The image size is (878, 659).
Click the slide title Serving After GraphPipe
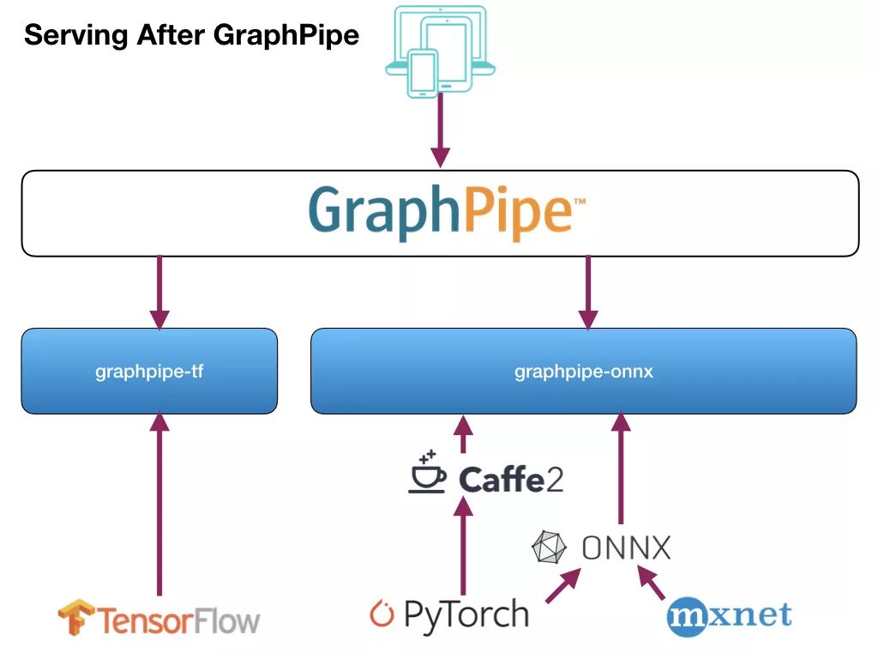coord(191,36)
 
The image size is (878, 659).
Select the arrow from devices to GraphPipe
coord(440,129)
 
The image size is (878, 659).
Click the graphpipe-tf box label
coord(149,372)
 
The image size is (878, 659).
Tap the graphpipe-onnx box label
coord(583,372)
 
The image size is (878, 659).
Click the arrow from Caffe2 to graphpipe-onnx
coord(463,435)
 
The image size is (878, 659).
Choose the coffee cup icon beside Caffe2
coord(426,473)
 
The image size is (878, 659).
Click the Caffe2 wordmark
coord(511,479)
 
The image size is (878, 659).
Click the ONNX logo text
coord(626,547)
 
